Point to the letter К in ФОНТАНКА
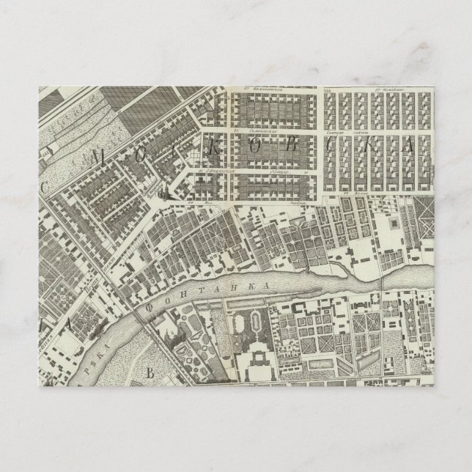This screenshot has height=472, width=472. click(258, 283)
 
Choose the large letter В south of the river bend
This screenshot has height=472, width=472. click(150, 372)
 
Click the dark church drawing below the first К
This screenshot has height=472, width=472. click(163, 193)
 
